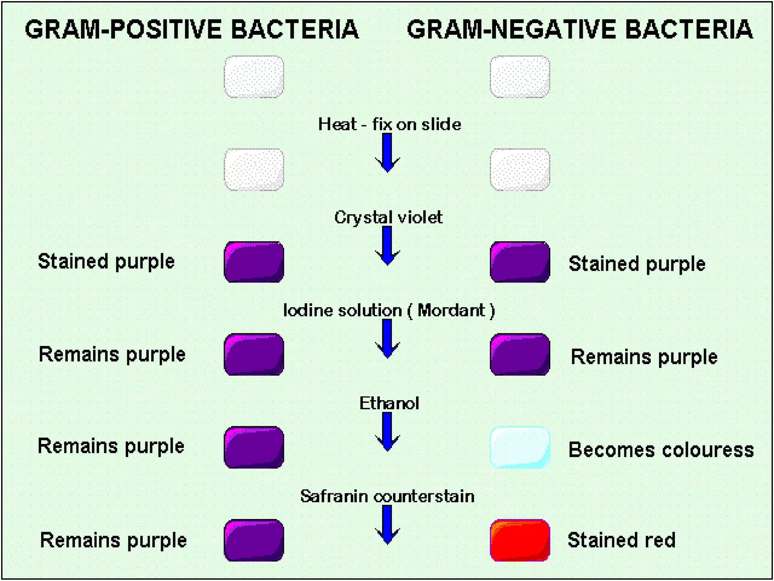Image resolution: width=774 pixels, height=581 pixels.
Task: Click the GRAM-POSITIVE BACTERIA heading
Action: [x=192, y=30]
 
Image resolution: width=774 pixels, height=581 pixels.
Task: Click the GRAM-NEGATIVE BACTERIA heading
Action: [x=580, y=30]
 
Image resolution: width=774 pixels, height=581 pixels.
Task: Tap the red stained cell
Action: [x=520, y=540]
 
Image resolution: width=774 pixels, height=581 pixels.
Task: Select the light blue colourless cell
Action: [x=520, y=447]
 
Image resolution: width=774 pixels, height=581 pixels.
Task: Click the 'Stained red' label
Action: [x=621, y=540]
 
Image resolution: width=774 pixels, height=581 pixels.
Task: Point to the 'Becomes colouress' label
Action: [x=661, y=450]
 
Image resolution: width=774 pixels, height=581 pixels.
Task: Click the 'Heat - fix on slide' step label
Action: [x=389, y=124]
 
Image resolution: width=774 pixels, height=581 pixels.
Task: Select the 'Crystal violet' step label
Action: [x=388, y=217]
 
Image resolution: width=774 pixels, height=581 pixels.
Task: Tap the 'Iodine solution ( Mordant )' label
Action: [x=389, y=310]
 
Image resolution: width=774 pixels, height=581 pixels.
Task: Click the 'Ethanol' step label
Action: [x=389, y=403]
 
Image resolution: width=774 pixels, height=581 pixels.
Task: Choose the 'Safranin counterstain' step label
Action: [x=387, y=496]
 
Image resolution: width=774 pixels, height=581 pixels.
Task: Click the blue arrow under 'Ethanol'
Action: [x=387, y=431]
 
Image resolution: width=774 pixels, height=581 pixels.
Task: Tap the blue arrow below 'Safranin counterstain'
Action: [x=387, y=525]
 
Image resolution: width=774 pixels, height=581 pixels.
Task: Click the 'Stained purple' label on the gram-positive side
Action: [x=106, y=261]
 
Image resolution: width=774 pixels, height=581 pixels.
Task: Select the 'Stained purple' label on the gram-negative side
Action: [x=637, y=264]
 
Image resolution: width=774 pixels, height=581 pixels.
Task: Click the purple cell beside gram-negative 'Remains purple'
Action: [x=520, y=354]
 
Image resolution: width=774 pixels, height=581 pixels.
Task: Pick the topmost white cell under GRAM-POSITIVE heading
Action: [x=254, y=77]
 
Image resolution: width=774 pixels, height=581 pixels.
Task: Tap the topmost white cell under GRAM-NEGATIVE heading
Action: [x=520, y=77]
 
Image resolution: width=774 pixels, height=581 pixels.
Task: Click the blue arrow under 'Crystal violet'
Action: [x=387, y=245]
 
